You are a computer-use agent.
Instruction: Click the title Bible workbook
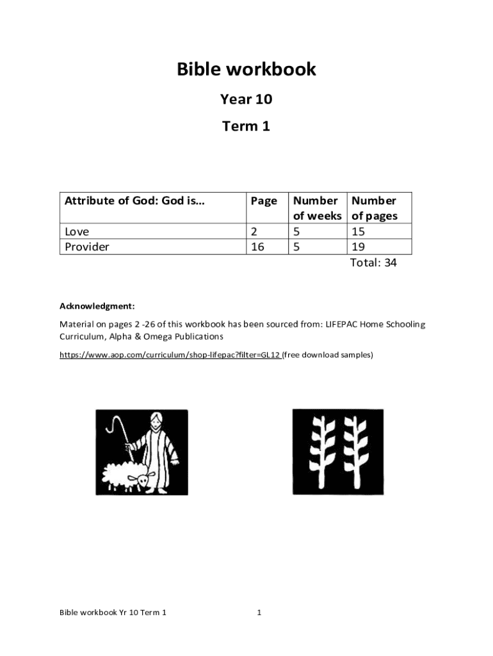(x=247, y=69)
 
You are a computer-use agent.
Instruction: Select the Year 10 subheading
(x=247, y=99)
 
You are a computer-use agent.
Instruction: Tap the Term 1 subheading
(x=247, y=126)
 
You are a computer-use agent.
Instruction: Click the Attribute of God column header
(x=134, y=201)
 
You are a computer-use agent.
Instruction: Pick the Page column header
(x=264, y=201)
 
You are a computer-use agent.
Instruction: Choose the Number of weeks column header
(x=317, y=208)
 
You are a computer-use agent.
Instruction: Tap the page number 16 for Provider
(x=257, y=247)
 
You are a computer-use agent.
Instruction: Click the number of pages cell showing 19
(x=359, y=247)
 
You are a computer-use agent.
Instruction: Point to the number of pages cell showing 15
(x=359, y=231)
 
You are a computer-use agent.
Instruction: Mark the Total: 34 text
(x=373, y=263)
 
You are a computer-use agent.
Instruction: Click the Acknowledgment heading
(x=97, y=306)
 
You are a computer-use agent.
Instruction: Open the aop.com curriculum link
(x=170, y=354)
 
